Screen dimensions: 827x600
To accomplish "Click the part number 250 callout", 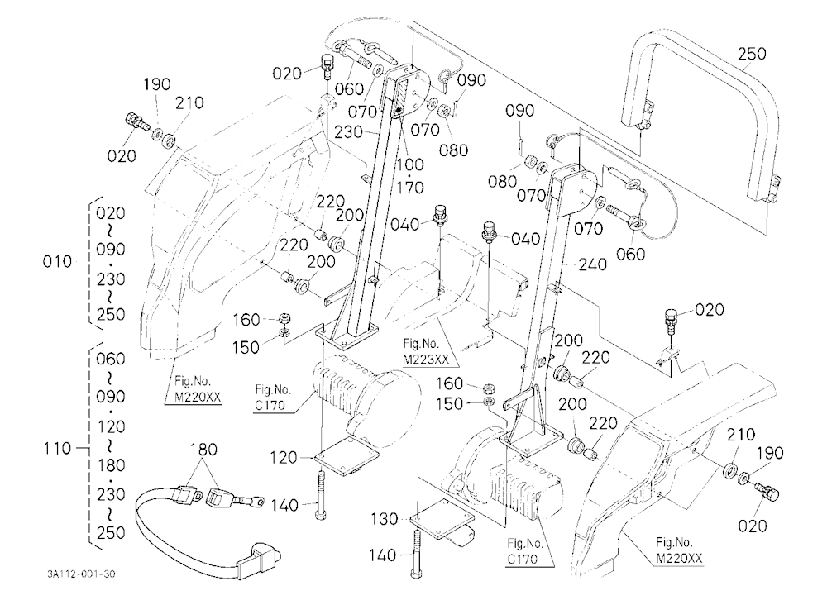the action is click(752, 54).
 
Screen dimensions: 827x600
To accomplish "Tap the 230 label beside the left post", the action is click(348, 131).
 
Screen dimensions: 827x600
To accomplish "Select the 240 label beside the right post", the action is click(592, 264).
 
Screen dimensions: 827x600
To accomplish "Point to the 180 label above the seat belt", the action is click(203, 450).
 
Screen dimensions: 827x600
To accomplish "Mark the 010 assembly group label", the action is click(58, 261).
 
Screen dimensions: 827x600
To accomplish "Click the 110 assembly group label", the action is click(57, 449).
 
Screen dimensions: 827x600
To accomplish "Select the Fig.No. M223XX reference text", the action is click(426, 352).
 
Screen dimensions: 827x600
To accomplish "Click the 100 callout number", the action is click(410, 164).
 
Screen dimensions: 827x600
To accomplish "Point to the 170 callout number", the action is click(410, 188).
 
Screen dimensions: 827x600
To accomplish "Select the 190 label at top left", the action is click(156, 84).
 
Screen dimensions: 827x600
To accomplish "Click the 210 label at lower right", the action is click(740, 435).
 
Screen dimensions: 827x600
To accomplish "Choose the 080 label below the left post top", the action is click(453, 150).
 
